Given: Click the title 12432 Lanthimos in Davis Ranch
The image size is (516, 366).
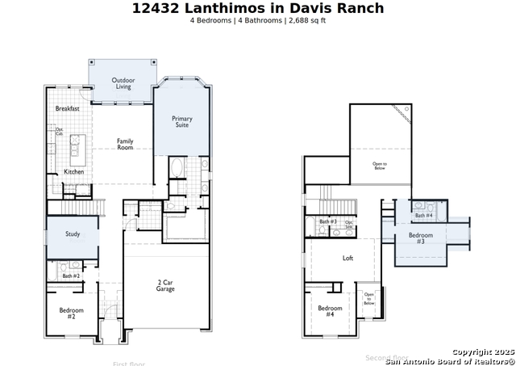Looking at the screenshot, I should (258, 9).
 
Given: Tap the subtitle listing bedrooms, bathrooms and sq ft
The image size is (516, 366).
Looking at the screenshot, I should (258, 21).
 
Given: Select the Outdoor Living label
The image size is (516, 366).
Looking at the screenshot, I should (123, 83).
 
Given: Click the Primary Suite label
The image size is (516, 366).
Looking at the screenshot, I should (182, 122).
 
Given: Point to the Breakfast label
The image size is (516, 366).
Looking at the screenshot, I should (67, 108).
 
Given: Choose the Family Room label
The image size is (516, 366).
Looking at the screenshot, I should (125, 144).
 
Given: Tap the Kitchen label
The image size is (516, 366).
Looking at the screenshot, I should (73, 171).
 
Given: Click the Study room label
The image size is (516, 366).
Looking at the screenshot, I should (73, 234).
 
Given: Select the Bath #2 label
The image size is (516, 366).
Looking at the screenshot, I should (71, 276).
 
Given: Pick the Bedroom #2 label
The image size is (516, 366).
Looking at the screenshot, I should (71, 313).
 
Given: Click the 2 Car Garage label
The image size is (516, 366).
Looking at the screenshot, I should (165, 285).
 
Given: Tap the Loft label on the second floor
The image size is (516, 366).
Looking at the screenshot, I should (347, 259).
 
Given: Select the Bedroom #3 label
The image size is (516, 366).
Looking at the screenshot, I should (420, 238).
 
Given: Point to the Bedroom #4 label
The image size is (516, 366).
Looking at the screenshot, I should (330, 311).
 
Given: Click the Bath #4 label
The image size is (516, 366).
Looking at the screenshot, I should (423, 216).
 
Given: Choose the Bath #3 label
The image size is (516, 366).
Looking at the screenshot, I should (327, 221).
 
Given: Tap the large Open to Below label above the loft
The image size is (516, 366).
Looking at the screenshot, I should (379, 166).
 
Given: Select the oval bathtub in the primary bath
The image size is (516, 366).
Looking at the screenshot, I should (177, 169).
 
